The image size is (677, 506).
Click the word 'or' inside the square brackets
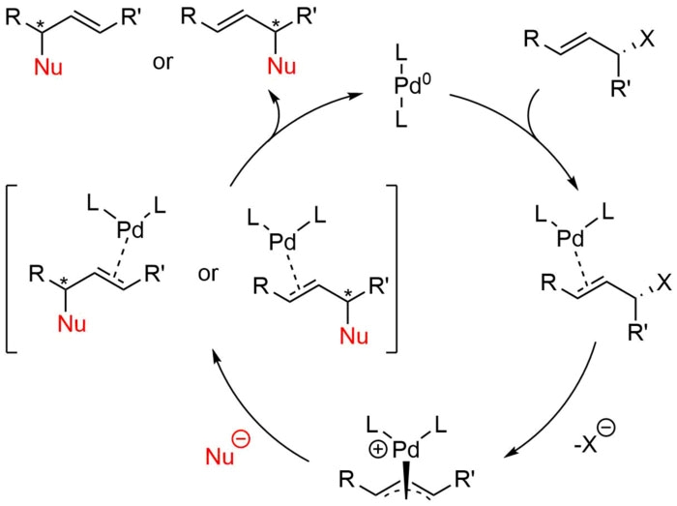(x=210, y=275)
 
